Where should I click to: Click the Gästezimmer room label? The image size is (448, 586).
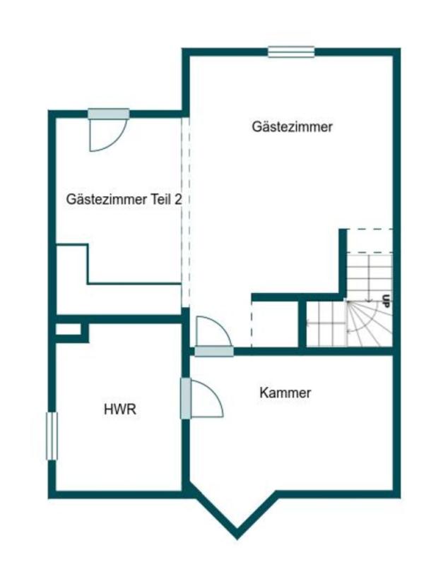click(292, 127)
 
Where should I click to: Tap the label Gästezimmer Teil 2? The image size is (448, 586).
click(124, 199)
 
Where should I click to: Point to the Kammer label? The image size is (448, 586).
click(285, 393)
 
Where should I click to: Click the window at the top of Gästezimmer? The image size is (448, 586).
click(290, 51)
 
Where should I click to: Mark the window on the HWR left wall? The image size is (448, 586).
click(51, 436)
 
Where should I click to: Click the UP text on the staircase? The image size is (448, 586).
click(386, 300)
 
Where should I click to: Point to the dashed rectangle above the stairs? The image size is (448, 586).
click(370, 241)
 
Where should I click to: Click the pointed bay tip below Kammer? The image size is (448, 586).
click(237, 534)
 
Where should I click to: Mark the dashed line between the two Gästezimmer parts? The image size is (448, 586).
click(185, 212)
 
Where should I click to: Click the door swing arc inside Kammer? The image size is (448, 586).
click(212, 399)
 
